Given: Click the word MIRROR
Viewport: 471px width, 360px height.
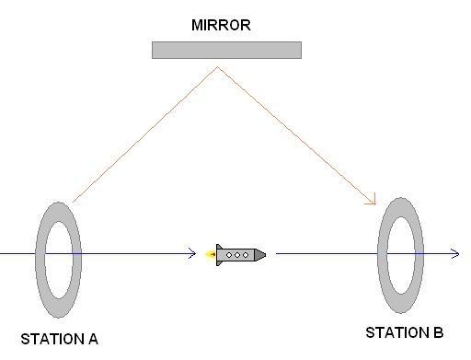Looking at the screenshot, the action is coord(221,25).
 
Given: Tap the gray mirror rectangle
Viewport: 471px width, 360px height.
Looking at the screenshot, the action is coord(226,50).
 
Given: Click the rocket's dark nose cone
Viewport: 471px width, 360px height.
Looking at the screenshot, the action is coord(260,255).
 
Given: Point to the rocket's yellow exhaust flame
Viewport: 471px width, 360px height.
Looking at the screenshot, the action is coord(211,254).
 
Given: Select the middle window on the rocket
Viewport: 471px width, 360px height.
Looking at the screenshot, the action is coord(237,255).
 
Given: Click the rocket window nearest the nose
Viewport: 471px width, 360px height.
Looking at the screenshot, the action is coord(246,255).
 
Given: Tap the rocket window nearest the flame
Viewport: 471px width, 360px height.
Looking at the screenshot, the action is coord(229,255).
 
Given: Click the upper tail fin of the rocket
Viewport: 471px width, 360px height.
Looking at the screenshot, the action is coord(219,247).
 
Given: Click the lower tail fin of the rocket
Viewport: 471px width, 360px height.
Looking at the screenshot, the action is coord(219,262).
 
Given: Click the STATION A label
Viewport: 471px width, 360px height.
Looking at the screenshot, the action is coord(59,339).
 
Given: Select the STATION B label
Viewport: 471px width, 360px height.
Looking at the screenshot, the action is coord(405,332).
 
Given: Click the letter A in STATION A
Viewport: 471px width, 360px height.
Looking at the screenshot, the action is coord(93,339).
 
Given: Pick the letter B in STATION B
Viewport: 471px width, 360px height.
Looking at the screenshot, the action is coord(439,332).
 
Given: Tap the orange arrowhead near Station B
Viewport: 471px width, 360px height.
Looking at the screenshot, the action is coord(373,200).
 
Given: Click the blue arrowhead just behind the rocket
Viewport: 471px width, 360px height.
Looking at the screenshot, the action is coord(193,253).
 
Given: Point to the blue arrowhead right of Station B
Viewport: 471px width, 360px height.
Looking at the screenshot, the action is coord(456,254).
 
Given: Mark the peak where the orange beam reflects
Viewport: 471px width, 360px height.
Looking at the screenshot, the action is coord(218,67).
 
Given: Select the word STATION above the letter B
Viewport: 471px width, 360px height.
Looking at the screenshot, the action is coord(397,332).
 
